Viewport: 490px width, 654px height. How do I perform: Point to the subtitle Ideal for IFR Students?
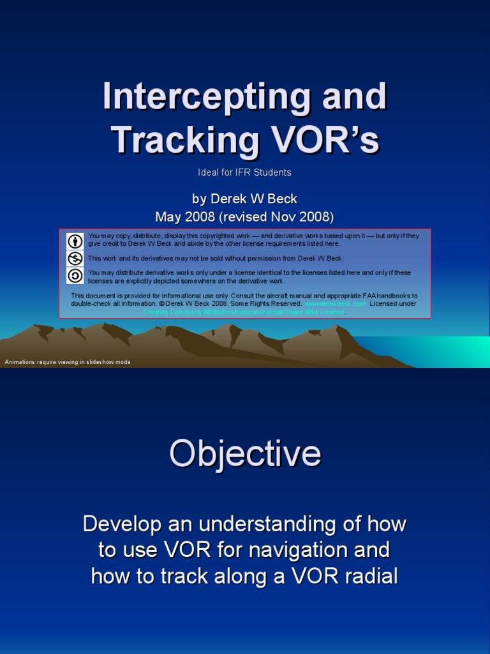[x=244, y=172]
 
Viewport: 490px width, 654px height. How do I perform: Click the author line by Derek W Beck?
[x=244, y=199]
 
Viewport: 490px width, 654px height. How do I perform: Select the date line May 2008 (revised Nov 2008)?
[x=244, y=217]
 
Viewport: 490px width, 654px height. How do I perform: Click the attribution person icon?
[x=75, y=241]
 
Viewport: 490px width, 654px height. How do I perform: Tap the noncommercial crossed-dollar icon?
[x=75, y=258]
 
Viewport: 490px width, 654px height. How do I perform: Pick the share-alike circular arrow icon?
[x=75, y=275]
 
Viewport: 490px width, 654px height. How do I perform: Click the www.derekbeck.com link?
[x=335, y=304]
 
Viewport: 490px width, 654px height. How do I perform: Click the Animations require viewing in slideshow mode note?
[x=68, y=362]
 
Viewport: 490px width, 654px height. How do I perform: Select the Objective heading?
[x=245, y=453]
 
